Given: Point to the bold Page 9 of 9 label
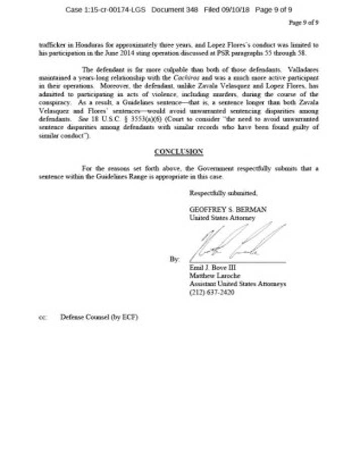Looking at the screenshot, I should pos(303,22).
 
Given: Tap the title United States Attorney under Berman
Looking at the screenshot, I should pos(222,218).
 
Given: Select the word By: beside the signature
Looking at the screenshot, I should pos(174,259).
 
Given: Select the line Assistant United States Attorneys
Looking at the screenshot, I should pos(237,284).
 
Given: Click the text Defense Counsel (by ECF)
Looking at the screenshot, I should pos(99,317).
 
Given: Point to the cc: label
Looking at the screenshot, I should pos(42,318).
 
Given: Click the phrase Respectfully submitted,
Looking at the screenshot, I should pos(223,193).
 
